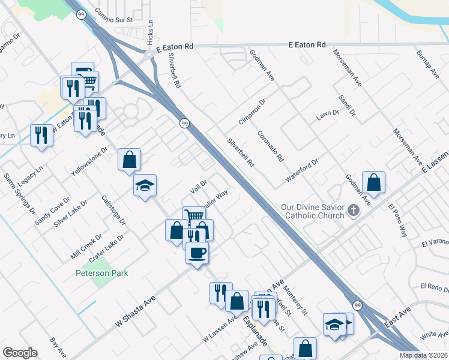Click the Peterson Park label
coord(102,273)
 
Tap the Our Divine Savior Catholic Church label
coord(312,211)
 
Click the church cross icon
coord(353,211)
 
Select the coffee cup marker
coord(197,253)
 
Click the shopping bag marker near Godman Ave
coord(373,183)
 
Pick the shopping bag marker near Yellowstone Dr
coord(129,160)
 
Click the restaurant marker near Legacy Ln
coord(41,134)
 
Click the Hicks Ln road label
coord(150,33)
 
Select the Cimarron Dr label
coord(252,112)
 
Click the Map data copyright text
coord(424,355)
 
